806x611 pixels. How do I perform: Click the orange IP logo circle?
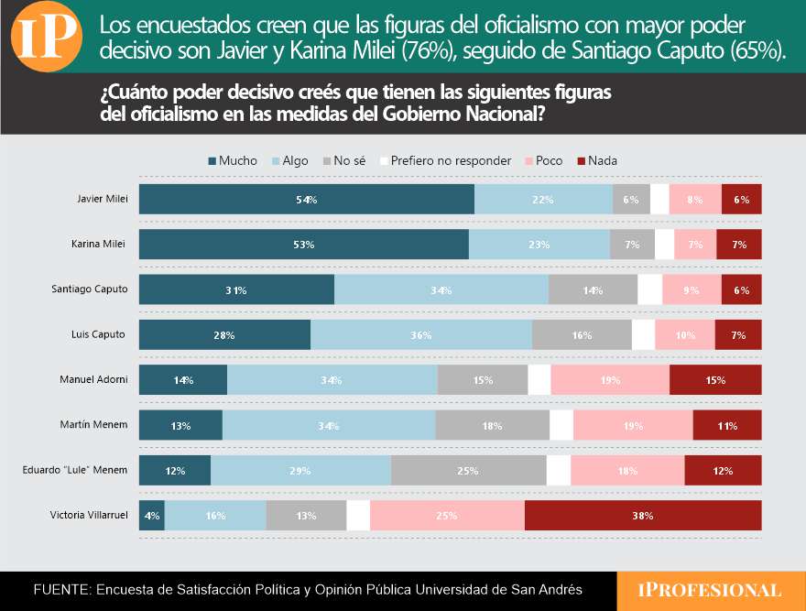tap(48, 37)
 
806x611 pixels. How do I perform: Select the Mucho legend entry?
tap(233, 160)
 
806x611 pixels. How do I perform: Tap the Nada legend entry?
tap(596, 160)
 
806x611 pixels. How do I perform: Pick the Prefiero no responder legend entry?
tap(443, 160)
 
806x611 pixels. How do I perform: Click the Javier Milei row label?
tap(103, 199)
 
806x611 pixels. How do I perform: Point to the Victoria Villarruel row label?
tap(88, 515)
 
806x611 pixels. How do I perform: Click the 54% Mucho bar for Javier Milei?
tap(306, 199)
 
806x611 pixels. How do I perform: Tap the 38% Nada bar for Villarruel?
tap(642, 515)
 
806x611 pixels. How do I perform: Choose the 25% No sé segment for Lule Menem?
tap(468, 470)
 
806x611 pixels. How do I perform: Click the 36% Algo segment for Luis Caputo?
tap(421, 334)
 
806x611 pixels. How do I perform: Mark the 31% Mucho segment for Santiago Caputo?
tap(236, 289)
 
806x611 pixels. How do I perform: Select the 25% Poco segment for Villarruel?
tap(447, 515)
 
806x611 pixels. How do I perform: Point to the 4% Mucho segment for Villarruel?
tap(151, 515)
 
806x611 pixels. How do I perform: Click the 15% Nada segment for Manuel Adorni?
tap(715, 379)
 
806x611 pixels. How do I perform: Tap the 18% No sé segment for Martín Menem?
tap(493, 425)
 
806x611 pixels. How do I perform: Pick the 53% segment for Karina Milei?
tap(303, 245)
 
